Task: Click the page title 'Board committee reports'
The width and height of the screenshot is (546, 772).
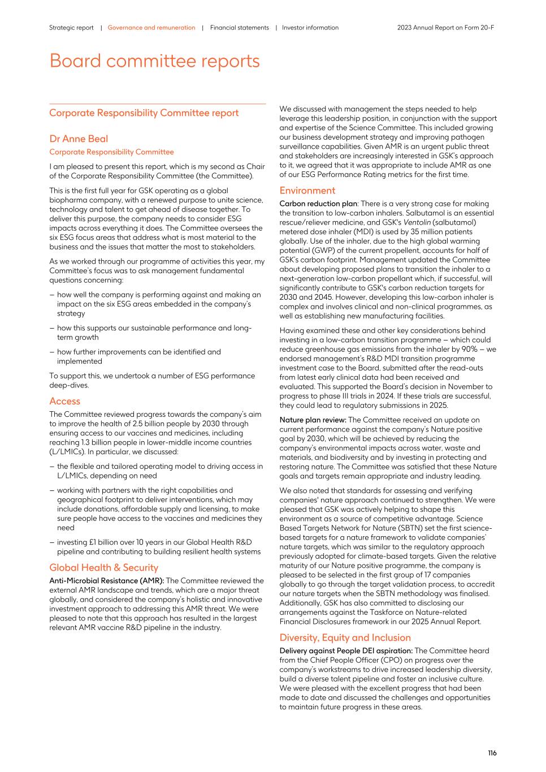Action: click(x=154, y=61)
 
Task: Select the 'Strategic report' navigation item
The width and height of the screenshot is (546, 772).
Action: click(x=71, y=28)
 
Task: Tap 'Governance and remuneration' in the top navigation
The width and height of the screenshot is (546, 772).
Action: click(x=151, y=28)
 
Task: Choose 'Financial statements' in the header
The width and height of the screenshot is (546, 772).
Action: click(x=239, y=28)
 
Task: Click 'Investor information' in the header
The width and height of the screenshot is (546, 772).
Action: click(x=310, y=28)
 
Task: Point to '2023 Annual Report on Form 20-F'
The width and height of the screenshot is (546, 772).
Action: click(x=445, y=28)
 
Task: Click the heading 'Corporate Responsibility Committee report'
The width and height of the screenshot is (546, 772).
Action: click(x=144, y=113)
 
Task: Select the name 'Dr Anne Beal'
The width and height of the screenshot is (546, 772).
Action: click(x=78, y=139)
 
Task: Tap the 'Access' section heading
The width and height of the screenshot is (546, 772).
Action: click(x=64, y=401)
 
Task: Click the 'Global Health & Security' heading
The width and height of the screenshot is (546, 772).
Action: click(x=103, y=568)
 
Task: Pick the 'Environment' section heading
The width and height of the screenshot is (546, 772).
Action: click(x=307, y=191)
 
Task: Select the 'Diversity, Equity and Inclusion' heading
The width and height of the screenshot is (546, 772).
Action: click(x=345, y=637)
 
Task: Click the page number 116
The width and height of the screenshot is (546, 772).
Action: click(x=492, y=753)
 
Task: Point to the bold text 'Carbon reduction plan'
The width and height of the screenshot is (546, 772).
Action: click(x=318, y=204)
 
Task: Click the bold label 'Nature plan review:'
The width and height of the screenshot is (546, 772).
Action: click(x=313, y=420)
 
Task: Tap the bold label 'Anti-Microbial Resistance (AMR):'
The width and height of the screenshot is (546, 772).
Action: click(x=106, y=581)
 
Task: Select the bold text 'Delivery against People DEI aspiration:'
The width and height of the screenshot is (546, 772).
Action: click(x=346, y=651)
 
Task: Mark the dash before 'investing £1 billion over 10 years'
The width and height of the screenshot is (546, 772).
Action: click(x=51, y=542)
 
